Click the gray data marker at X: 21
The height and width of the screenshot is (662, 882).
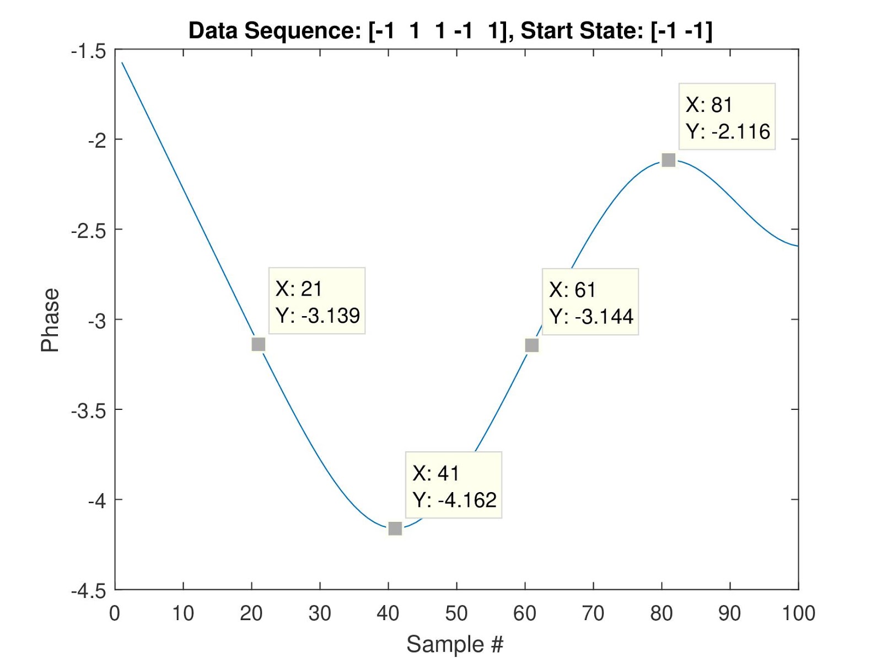point(258,344)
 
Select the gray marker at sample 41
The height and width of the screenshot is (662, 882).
point(395,528)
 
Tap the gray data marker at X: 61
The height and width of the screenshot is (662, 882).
point(531,345)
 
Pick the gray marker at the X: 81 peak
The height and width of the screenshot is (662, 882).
point(668,160)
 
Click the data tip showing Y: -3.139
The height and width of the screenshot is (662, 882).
point(317,301)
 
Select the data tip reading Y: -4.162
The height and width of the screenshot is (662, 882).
point(454,485)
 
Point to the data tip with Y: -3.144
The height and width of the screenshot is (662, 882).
point(590,302)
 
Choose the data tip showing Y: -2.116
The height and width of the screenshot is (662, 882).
point(727,117)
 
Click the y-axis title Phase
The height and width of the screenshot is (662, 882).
point(50,320)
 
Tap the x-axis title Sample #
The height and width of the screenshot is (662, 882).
point(455,644)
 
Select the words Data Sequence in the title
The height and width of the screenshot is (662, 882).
point(274,30)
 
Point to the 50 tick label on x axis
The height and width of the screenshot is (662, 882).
point(456,613)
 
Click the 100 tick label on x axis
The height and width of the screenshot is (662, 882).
point(798,613)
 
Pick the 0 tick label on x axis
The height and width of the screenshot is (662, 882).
point(115,613)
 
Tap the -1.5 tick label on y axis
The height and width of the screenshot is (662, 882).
point(88,52)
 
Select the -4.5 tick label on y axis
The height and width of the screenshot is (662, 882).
point(88,591)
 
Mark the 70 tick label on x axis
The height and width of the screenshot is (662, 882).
point(593,613)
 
